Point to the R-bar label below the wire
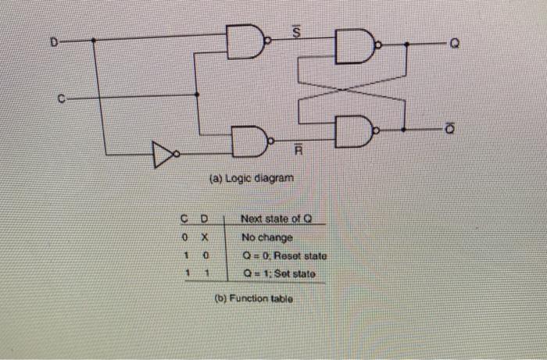tap(298, 149)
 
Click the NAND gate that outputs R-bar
tap(249, 139)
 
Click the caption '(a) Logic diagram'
tap(252, 179)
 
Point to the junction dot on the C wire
tap(196, 94)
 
